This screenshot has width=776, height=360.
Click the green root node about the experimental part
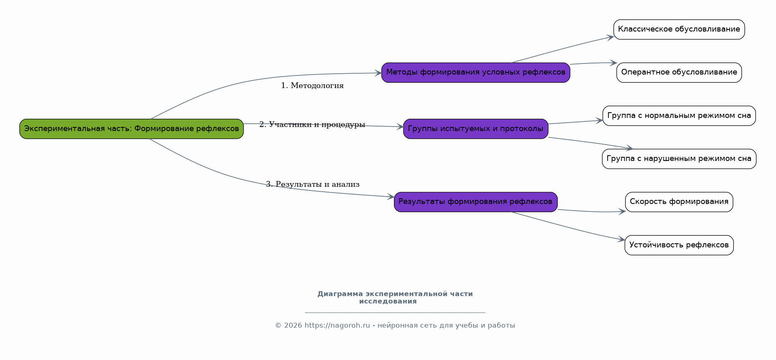131,129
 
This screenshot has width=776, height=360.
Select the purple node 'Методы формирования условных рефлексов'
476,72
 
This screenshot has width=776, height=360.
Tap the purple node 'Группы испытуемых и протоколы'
476,129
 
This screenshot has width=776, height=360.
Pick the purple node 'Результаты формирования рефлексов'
476,202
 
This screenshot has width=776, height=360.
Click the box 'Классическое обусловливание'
679,29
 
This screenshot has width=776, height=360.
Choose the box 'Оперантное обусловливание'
679,72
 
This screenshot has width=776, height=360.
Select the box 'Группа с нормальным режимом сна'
679,116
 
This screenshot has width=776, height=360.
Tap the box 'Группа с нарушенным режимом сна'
679,159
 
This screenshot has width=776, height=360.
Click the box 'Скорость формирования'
679,202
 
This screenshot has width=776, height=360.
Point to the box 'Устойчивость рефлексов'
679,245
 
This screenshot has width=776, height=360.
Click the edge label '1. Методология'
312,86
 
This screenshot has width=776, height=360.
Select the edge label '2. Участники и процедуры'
312,125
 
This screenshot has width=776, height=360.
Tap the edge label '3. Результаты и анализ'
313,184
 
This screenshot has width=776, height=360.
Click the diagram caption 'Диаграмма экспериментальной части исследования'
395,298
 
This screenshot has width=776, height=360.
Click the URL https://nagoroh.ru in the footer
337,326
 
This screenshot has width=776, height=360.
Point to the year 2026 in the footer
293,326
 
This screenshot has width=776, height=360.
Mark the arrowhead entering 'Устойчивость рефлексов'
622,239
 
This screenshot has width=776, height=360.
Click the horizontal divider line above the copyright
395,312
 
